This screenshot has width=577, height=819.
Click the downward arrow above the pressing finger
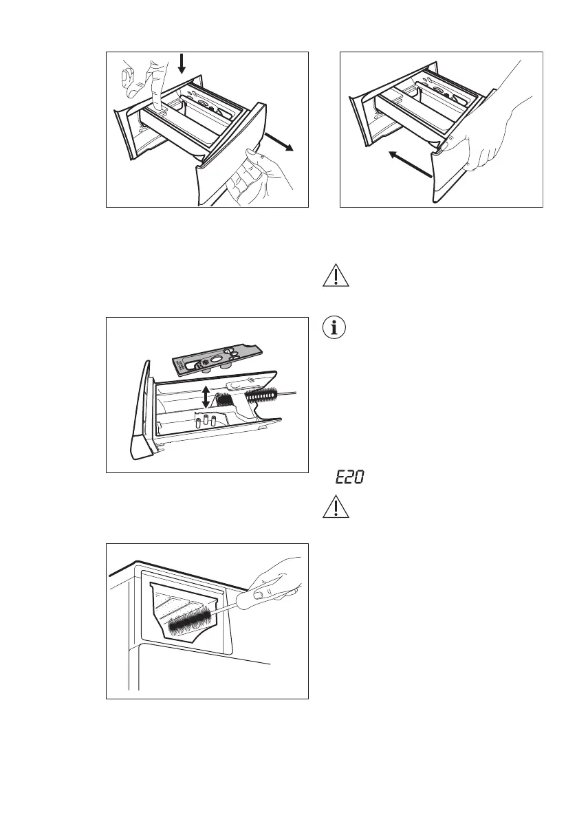pyautogui.click(x=181, y=64)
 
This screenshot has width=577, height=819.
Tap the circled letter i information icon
pyautogui.click(x=336, y=327)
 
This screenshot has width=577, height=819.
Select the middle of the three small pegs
pyautogui.click(x=204, y=422)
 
